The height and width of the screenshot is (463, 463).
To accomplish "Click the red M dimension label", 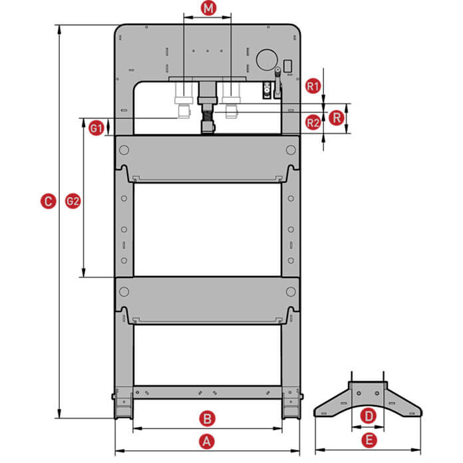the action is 208,8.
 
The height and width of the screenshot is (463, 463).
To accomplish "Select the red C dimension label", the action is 48,201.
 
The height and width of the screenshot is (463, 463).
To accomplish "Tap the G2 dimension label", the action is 73,201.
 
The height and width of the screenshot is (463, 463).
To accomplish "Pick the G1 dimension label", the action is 96,128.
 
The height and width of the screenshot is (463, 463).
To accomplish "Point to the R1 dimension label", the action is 313,86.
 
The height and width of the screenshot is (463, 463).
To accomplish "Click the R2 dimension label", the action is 313,122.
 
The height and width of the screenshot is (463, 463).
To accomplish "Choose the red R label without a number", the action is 337,118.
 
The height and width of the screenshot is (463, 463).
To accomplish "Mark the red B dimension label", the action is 208,418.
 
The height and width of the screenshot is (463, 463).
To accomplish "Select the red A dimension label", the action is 207,442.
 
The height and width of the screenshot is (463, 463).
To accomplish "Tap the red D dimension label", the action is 369,416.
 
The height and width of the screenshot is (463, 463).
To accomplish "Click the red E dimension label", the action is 369,440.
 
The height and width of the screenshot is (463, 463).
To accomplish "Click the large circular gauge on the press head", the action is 267,60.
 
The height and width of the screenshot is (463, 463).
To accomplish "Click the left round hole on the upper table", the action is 124,150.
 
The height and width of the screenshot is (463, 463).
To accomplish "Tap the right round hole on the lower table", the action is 291,292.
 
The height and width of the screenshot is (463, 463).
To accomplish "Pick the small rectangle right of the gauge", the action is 288,66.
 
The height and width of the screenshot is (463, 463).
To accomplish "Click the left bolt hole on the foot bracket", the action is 359,393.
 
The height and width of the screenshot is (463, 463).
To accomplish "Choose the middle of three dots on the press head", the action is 208,51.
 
